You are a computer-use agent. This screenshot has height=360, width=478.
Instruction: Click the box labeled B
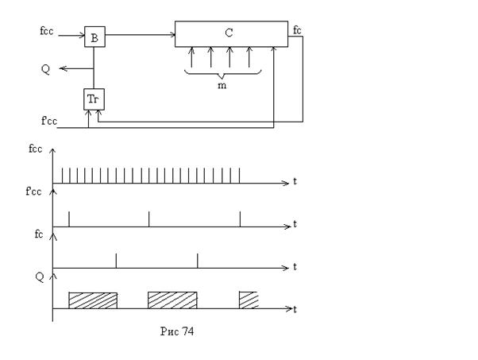[94, 37]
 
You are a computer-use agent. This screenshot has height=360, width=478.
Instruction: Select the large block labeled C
[231, 34]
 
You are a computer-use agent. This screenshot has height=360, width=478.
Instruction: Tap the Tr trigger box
[94, 99]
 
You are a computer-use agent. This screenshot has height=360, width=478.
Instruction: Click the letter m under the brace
[222, 85]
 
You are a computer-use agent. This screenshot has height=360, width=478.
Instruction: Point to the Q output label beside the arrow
[45, 69]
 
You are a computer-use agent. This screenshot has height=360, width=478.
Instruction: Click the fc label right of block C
[297, 30]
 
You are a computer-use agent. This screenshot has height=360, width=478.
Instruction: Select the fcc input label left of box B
[46, 31]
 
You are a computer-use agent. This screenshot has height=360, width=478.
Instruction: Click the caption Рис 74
[177, 331]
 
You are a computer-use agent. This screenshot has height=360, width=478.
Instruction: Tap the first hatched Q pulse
[93, 300]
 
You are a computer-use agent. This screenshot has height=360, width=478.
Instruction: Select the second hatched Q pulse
[172, 300]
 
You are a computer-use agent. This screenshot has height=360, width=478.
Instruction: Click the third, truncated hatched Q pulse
[249, 300]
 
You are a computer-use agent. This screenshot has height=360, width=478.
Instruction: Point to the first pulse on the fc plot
[116, 261]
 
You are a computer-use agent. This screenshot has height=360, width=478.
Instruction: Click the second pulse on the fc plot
[197, 261]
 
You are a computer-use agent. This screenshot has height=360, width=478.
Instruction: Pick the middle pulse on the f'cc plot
[148, 219]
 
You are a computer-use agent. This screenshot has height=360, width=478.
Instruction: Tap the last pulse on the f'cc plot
[241, 219]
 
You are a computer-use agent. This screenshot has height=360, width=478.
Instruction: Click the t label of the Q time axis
[295, 310]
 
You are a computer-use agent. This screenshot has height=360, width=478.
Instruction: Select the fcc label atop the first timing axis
[36, 149]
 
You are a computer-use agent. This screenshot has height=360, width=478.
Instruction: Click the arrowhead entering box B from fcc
[83, 36]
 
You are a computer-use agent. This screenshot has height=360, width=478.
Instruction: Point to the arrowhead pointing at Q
[63, 68]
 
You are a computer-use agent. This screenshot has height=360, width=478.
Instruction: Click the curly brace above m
[222, 74]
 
